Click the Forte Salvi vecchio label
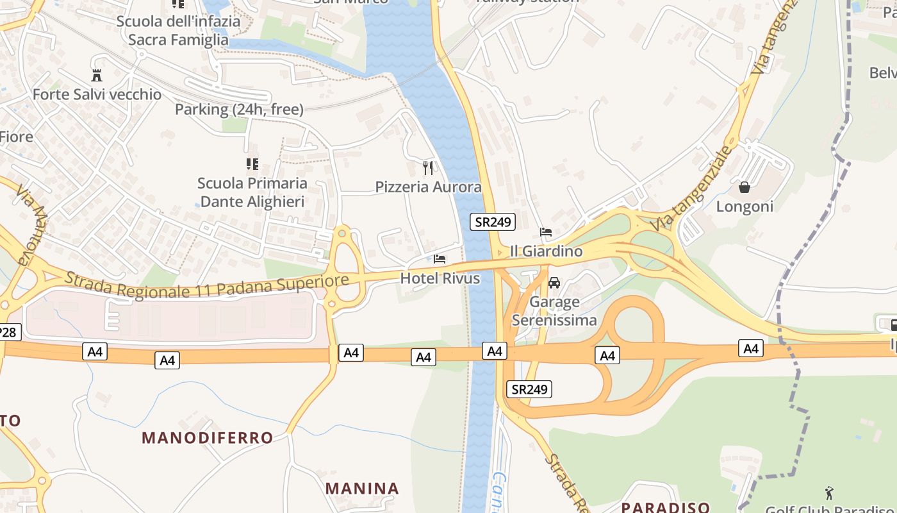97,95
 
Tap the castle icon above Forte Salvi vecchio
97,75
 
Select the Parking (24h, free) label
239,110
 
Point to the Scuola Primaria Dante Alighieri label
252,192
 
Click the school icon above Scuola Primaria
252,164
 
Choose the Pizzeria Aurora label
428,187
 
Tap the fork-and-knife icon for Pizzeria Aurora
428,168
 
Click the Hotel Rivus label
440,278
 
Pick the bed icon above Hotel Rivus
440,259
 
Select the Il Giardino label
547,251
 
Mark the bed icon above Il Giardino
546,232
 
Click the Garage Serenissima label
554,311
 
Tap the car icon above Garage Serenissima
554,283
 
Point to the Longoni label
745,206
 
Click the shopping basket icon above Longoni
745,187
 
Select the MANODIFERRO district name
208,438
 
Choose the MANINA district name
362,489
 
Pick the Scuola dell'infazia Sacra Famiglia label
178,31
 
